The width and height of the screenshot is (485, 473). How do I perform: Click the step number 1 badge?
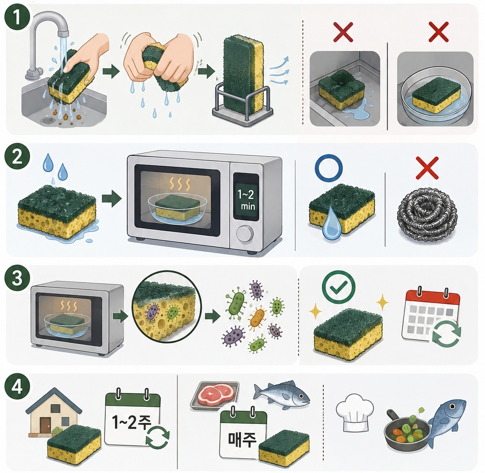click(x=17, y=17)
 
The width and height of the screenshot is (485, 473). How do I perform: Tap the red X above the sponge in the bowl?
click(x=439, y=32)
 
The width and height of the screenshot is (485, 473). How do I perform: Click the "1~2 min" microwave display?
click(x=246, y=199)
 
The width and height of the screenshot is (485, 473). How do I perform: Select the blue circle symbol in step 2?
click(x=329, y=168)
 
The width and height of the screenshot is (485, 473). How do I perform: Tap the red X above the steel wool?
click(x=427, y=168)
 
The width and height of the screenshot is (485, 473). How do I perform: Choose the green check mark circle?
click(x=339, y=287)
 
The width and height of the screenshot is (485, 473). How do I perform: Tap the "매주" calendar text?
click(x=242, y=438)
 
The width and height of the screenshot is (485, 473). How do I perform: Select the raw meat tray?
click(x=215, y=395)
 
